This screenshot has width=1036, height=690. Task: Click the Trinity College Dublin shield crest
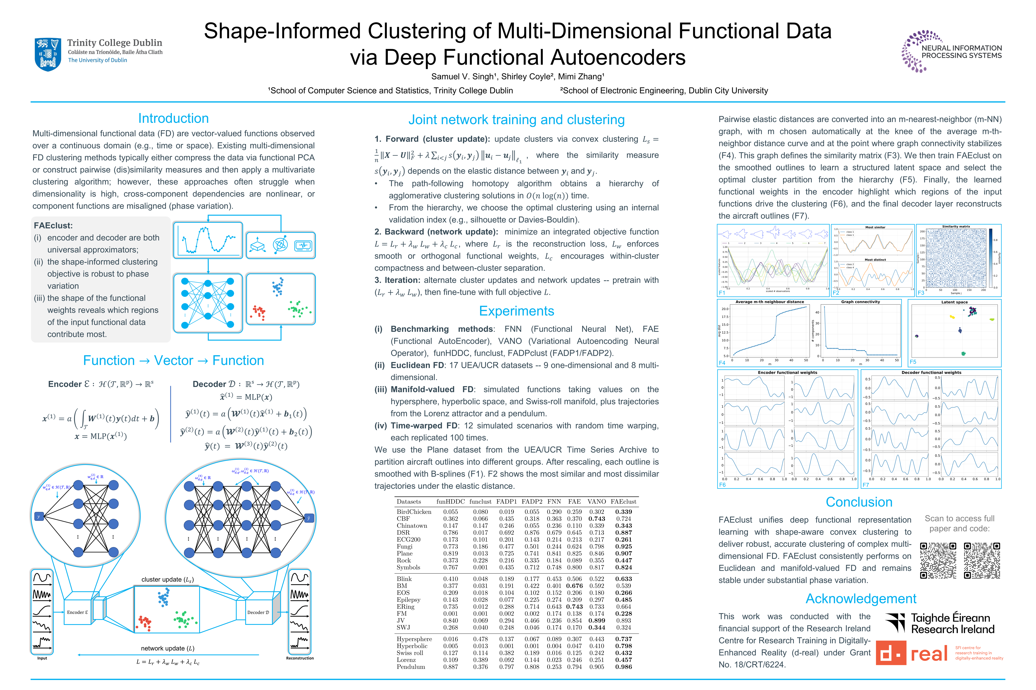pos(47,54)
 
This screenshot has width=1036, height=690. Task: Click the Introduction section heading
pos(173,118)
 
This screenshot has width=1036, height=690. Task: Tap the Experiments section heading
pos(516,311)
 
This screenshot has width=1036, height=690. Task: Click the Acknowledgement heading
pos(861,599)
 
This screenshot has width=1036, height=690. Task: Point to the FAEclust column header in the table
pos(623,502)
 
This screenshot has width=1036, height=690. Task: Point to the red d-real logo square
pos(891,653)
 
